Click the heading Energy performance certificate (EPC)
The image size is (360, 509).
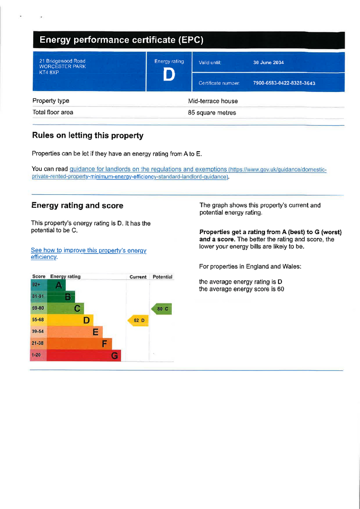click(x=121, y=40)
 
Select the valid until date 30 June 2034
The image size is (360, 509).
click(x=269, y=63)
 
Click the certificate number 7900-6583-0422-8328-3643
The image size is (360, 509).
click(x=284, y=83)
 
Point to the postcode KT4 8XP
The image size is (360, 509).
click(x=49, y=72)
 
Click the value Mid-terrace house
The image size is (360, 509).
click(x=213, y=101)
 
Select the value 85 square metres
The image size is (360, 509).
click(x=212, y=113)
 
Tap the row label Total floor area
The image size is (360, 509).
click(x=53, y=112)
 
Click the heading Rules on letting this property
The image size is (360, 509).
click(x=88, y=135)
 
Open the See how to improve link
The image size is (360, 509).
click(x=89, y=251)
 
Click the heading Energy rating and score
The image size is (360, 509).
click(x=77, y=206)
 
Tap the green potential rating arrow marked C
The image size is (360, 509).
click(x=161, y=309)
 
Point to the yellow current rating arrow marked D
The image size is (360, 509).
click(x=138, y=321)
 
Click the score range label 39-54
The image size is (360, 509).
click(x=38, y=332)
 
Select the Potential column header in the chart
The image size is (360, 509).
click(x=162, y=277)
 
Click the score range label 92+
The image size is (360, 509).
click(x=36, y=285)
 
